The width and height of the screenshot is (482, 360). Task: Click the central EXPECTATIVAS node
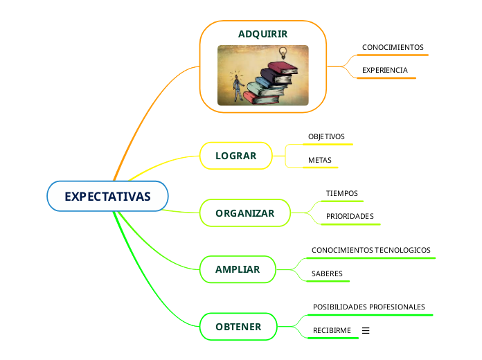coord(107,196)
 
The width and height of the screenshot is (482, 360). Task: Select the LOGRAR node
coord(236,156)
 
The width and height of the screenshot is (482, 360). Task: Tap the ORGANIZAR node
coord(245,213)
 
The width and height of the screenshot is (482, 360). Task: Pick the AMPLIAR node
coord(238,269)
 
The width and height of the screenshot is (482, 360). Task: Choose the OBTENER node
coord(238,327)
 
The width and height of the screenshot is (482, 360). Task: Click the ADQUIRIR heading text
coord(263,34)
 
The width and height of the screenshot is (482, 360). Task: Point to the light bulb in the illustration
coord(283,53)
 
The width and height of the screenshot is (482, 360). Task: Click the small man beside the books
coord(238,87)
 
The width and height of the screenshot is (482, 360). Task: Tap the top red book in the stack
coord(283,69)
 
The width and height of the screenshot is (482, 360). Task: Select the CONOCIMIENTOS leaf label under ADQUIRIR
coord(393,47)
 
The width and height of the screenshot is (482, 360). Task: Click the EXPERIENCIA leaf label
coord(385,70)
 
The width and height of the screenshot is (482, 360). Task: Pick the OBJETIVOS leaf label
coord(326,136)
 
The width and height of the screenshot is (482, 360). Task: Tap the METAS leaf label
coord(320,160)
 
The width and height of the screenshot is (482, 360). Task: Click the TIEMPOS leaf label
coord(342,193)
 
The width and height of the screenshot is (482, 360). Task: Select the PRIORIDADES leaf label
coord(350,217)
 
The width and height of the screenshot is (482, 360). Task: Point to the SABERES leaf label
coord(327,273)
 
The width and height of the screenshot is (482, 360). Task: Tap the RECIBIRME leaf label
coord(332,330)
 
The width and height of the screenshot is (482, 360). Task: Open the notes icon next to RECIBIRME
coord(366,330)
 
